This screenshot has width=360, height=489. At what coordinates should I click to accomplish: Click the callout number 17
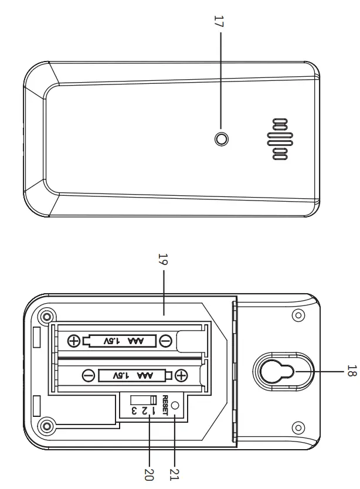(x=220, y=22)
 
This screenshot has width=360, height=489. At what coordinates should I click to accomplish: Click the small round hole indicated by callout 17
(x=222, y=139)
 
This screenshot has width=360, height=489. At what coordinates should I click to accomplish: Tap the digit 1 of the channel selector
(x=154, y=410)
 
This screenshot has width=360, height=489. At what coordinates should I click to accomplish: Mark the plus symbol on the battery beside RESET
(x=182, y=375)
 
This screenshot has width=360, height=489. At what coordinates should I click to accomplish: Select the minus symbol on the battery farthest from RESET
(x=165, y=340)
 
